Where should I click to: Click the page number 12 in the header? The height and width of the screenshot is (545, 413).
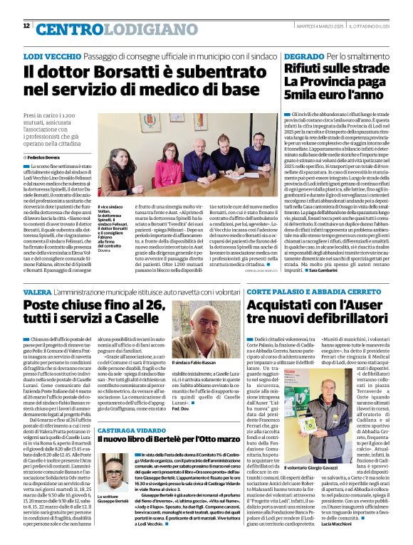pyautogui.click(x=26, y=26)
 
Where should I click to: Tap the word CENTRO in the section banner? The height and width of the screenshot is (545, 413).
pyautogui.click(x=64, y=29)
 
